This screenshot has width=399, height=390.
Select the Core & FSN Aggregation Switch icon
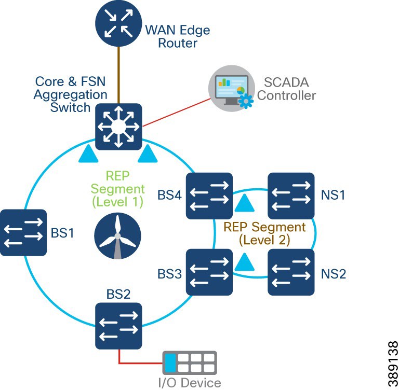pos(119,126)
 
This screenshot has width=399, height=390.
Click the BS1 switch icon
pos(23,232)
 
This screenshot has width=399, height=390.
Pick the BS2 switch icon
pos(118,326)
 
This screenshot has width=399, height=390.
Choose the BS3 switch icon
pos(209,272)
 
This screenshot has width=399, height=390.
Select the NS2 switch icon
pos(291,272)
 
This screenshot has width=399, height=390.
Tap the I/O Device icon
pos(189,363)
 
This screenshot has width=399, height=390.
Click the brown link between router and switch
pos(119,75)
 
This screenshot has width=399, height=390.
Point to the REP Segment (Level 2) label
pos(264,233)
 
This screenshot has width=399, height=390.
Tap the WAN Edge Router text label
pos(177,36)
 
